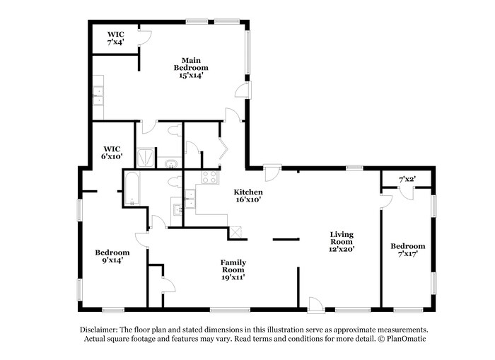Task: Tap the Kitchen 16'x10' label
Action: click(248, 196)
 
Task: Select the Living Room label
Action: click(342, 241)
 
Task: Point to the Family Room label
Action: click(233, 269)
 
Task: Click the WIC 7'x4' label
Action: click(116, 38)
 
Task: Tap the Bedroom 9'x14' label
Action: click(112, 256)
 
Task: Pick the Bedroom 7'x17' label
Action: click(408, 250)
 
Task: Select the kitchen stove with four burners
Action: click(209, 177)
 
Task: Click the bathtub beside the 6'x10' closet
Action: click(132, 188)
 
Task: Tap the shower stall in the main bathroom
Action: click(146, 157)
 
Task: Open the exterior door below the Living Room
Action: click(315, 304)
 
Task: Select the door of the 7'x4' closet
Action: click(145, 40)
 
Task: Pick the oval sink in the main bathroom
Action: click(171, 164)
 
